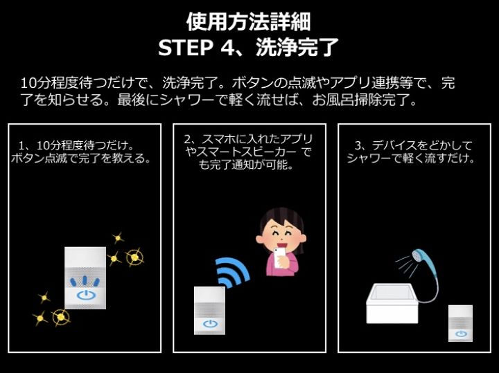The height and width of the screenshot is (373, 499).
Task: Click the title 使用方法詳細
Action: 249,21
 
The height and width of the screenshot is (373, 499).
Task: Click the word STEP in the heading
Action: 186,48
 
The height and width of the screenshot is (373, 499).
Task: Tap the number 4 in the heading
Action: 227,48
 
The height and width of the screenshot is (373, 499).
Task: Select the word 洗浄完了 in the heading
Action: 297,47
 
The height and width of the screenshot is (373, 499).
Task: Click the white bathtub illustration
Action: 392,304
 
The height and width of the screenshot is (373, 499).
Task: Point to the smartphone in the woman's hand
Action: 280,257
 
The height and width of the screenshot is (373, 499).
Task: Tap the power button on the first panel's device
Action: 86,295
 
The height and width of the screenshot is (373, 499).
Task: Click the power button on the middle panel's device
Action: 210,324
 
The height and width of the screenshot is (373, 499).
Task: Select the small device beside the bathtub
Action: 460,323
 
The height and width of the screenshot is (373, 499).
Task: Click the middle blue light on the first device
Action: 85,280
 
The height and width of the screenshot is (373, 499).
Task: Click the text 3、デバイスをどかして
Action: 414,145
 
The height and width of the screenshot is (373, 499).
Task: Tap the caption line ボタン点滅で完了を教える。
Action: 81,158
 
